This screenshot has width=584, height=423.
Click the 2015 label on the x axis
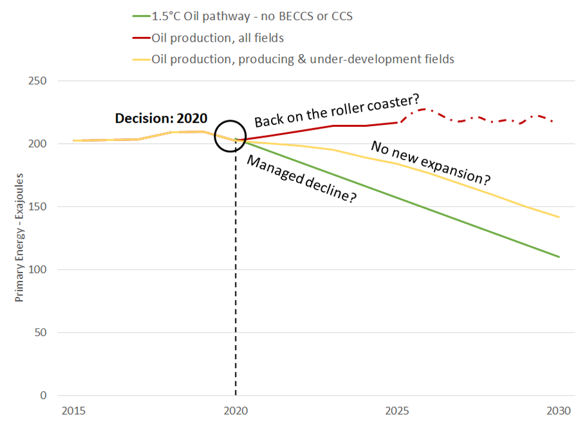pos(73,411)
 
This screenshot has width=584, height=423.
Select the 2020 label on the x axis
pos(235,411)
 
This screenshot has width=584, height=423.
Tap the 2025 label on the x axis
pos(397,411)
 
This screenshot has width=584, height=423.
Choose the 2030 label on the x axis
pos(560,411)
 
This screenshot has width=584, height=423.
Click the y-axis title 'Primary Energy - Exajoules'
pos(19,238)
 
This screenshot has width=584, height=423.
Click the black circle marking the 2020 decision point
pos(230,135)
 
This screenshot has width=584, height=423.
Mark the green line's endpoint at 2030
pos(560,257)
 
